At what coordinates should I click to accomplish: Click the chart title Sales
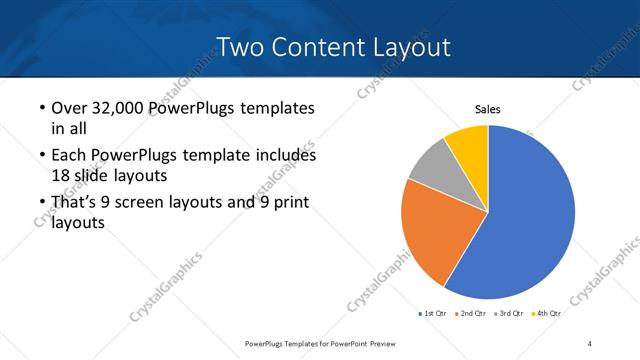487,110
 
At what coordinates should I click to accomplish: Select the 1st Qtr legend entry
433,313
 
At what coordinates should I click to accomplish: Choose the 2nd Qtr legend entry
473,313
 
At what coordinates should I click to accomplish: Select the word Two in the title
239,47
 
